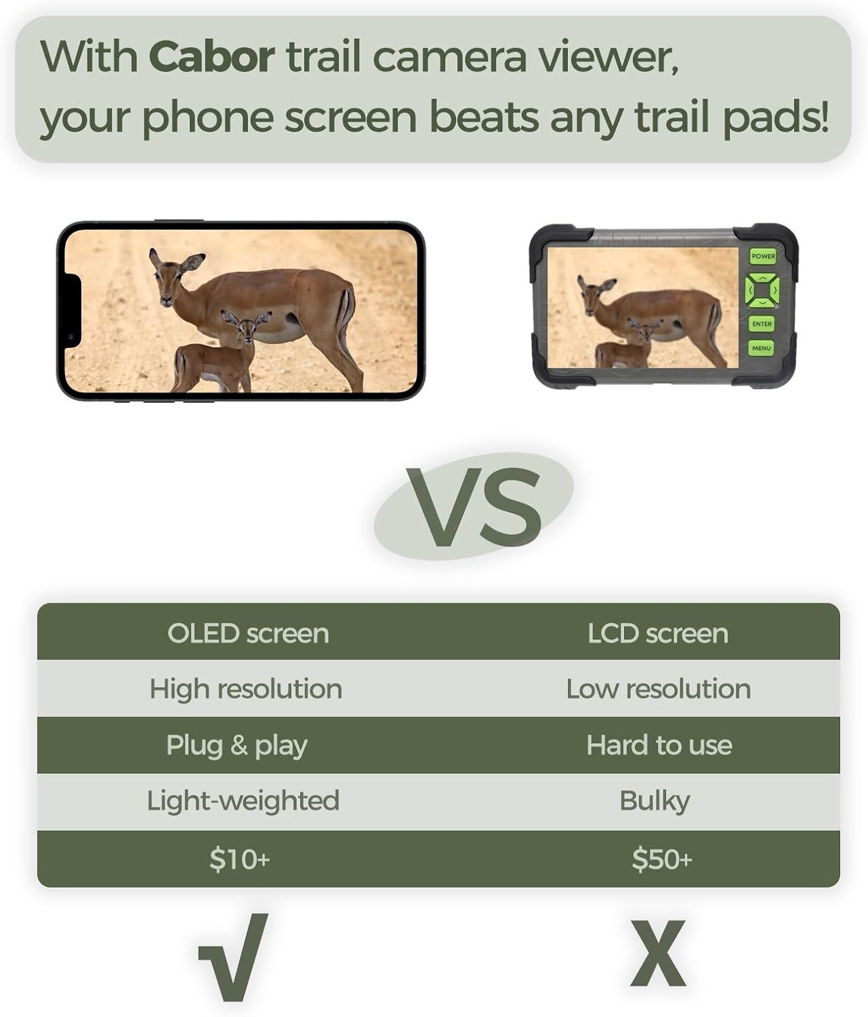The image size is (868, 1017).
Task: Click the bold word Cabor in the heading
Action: (211, 57)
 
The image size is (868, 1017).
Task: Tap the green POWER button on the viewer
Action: (763, 256)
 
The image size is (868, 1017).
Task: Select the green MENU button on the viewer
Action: (761, 348)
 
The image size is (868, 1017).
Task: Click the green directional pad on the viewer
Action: (762, 290)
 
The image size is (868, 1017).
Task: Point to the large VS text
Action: (473, 506)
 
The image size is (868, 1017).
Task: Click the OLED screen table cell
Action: (248, 634)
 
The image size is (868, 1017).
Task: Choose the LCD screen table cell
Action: (657, 634)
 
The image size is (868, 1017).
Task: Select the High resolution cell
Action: (245, 690)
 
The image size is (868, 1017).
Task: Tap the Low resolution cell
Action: (658, 690)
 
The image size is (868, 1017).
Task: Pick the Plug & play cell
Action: (236, 746)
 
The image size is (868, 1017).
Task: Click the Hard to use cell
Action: (659, 745)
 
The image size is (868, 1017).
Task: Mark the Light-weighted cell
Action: (243, 801)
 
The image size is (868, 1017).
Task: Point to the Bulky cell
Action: (655, 801)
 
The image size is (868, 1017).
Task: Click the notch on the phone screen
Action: (72, 311)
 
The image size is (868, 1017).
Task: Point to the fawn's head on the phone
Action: (245, 325)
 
